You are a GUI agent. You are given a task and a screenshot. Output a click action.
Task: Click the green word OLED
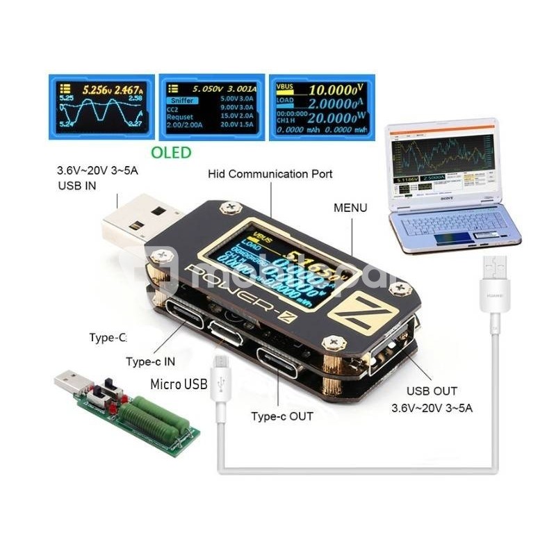coord(171,152)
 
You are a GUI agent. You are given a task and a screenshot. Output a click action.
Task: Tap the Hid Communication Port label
coord(270,174)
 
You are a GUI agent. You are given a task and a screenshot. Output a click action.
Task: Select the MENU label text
coord(350,207)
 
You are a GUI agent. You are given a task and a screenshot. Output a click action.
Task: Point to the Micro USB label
coord(178,384)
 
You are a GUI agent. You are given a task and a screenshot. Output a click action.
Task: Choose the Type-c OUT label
coord(281,416)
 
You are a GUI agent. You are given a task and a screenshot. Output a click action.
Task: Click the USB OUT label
coord(432,391)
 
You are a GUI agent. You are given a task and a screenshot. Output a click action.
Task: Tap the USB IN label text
coord(76,186)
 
